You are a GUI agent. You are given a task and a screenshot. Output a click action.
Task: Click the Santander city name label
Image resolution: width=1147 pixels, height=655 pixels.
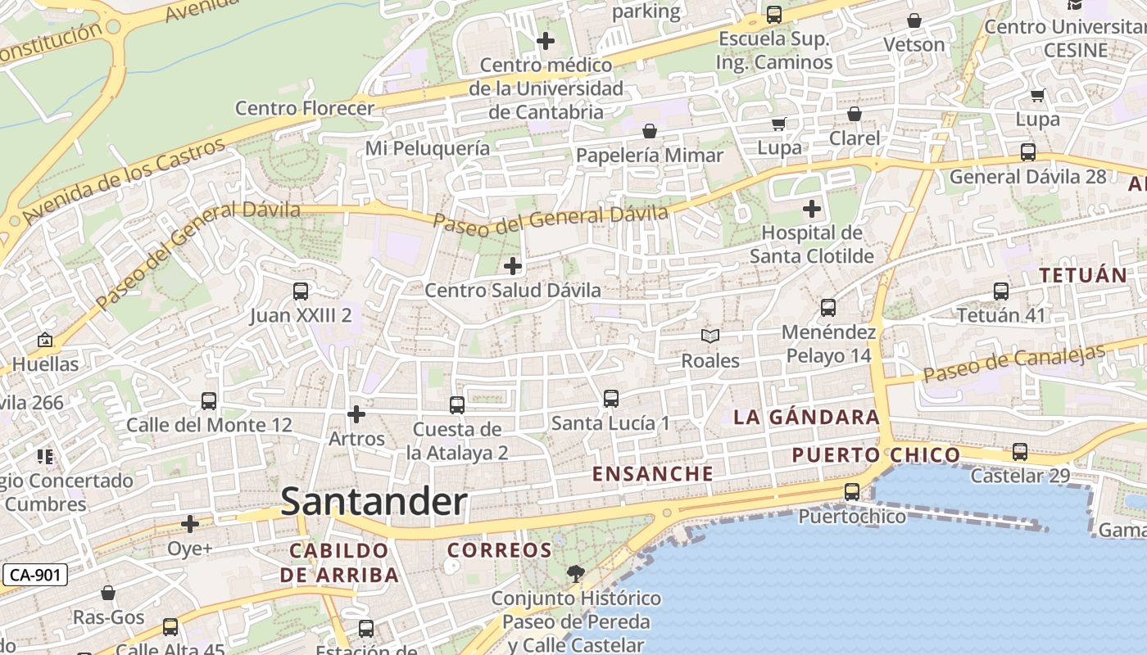pyautogui.click(x=374, y=501)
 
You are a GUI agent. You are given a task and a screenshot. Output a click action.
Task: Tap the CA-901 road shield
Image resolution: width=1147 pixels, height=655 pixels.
pyautogui.click(x=34, y=575)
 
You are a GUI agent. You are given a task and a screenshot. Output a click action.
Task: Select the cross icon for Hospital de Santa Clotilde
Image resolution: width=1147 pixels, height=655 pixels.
pyautogui.click(x=811, y=209)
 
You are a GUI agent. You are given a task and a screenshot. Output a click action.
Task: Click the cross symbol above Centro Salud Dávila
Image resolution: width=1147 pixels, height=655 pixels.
pyautogui.click(x=513, y=266)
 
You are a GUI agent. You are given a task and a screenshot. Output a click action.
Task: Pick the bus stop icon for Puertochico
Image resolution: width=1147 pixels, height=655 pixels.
pyautogui.click(x=852, y=492)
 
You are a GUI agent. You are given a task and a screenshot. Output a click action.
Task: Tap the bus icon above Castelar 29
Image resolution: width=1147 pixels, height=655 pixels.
pyautogui.click(x=1020, y=451)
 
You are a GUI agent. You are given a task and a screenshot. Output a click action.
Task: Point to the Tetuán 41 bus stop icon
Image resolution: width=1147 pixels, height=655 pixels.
pyautogui.click(x=1000, y=291)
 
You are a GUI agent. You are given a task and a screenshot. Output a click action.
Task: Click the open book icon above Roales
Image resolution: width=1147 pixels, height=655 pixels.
pyautogui.click(x=710, y=337)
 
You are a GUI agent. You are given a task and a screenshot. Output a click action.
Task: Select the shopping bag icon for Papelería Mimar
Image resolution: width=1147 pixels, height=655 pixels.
pyautogui.click(x=650, y=131)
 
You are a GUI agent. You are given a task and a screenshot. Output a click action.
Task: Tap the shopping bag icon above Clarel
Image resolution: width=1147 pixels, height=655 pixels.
pyautogui.click(x=855, y=114)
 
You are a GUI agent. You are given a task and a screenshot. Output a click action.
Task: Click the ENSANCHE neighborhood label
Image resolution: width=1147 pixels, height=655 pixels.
pyautogui.click(x=653, y=474)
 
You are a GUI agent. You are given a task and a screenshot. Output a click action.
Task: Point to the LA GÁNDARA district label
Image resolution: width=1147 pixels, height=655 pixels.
pyautogui.click(x=806, y=418)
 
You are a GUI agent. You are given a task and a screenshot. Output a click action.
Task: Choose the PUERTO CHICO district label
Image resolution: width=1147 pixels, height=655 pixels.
pyautogui.click(x=876, y=455)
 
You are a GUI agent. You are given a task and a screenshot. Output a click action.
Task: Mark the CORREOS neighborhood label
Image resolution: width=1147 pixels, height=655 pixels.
pyautogui.click(x=500, y=550)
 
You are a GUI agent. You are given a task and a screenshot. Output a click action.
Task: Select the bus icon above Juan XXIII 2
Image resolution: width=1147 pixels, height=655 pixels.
pyautogui.click(x=301, y=291)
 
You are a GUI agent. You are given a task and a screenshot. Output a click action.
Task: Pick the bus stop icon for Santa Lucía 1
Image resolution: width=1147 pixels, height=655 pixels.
pyautogui.click(x=610, y=399)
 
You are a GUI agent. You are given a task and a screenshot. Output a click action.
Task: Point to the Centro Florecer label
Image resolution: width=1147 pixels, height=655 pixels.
pyautogui.click(x=305, y=108)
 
